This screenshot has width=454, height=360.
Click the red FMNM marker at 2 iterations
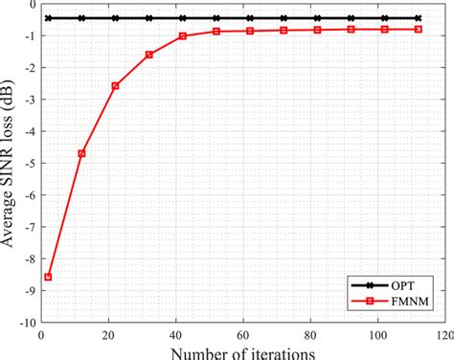[48, 277]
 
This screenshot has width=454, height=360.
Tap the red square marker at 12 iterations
[81, 153]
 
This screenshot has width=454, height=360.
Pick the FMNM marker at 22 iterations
[115, 85]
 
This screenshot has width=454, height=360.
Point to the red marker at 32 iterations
[148, 55]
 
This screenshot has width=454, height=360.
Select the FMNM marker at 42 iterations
[182, 36]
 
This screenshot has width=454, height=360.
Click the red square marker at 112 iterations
[418, 29]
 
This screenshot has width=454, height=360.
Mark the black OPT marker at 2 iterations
[48, 18]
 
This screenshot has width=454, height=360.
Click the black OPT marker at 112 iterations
[418, 18]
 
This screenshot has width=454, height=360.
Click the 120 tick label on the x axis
[443, 335]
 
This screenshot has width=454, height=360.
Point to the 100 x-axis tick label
[376, 335]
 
